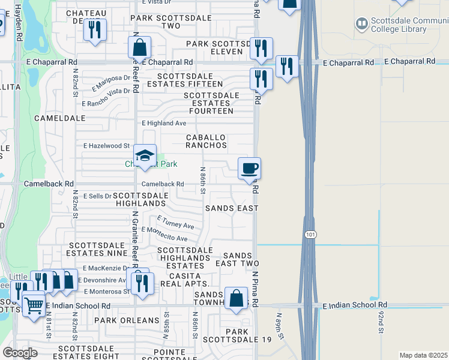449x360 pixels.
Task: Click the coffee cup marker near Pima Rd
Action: (x=249, y=168)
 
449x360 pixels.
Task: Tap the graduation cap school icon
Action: (x=145, y=156)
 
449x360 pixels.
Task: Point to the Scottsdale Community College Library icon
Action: (x=361, y=24)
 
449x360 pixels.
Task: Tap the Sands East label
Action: (x=232, y=208)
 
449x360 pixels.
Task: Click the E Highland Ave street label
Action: (x=164, y=123)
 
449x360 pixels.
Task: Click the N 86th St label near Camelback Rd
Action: (x=203, y=181)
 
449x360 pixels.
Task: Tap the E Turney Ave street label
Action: (x=175, y=223)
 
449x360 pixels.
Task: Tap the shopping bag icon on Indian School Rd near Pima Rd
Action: (x=237, y=298)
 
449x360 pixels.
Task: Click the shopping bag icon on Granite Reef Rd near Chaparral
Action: (x=139, y=47)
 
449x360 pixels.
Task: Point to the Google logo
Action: (x=20, y=353)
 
